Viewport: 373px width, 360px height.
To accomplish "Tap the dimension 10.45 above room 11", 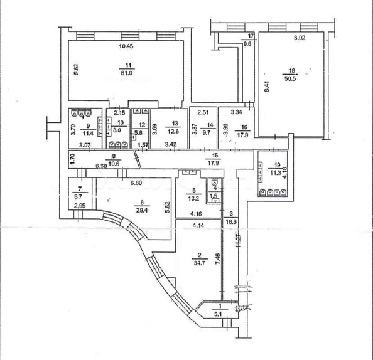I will pyautogui.click(x=126, y=46).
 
